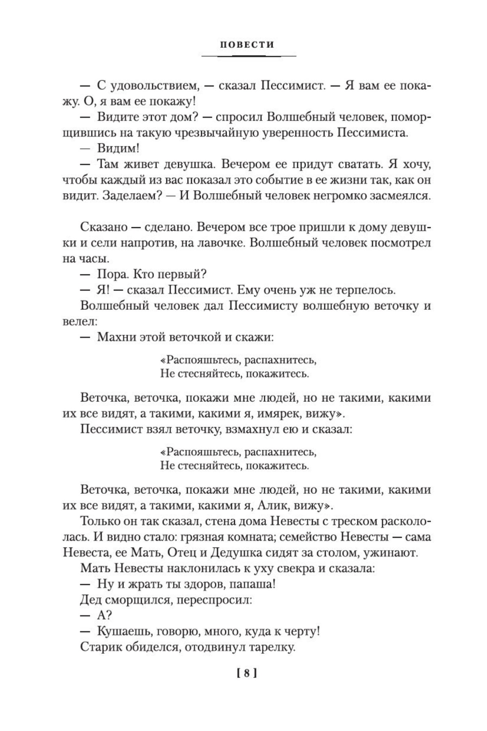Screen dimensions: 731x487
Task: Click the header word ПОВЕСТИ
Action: (247, 45)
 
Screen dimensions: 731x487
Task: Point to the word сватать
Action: (358, 164)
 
